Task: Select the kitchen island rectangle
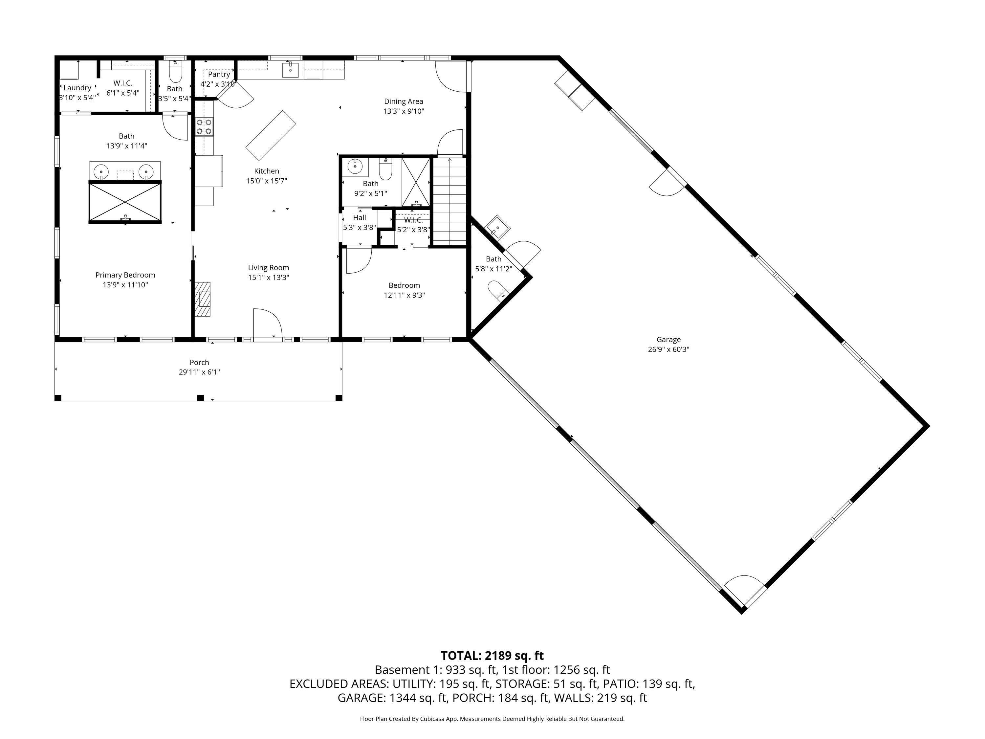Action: coord(271,135)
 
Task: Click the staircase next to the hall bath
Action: coord(450,201)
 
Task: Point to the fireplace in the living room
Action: coord(203,299)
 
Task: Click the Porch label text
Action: coord(199,363)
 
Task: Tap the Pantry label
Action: coord(219,74)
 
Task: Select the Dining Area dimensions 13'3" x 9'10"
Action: coord(404,111)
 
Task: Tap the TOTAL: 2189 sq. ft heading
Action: coord(492,656)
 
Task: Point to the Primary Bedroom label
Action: coord(125,275)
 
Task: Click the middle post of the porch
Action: coord(200,398)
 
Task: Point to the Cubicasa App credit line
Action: coord(492,719)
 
